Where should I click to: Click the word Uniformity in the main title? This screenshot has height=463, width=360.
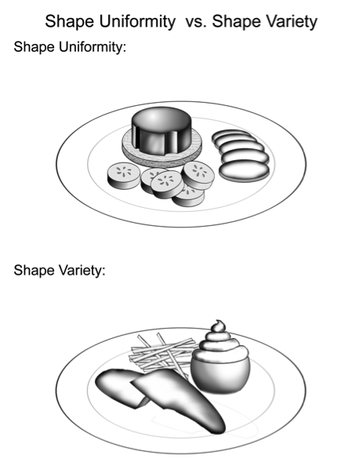(x=137, y=21)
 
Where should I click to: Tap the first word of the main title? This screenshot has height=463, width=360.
(x=70, y=22)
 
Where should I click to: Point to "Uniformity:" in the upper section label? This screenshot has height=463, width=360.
(x=93, y=46)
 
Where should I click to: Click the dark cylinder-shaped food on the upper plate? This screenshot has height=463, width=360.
(x=162, y=130)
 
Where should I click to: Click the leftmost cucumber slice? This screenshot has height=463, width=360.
(x=124, y=176)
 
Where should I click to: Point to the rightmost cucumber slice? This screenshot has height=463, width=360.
(x=198, y=176)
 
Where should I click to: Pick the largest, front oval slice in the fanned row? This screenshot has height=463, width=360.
(x=245, y=170)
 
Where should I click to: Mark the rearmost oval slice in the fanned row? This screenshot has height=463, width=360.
(x=230, y=136)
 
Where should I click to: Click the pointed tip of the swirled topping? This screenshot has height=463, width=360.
(x=218, y=321)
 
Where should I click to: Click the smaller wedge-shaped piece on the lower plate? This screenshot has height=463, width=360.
(x=121, y=388)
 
